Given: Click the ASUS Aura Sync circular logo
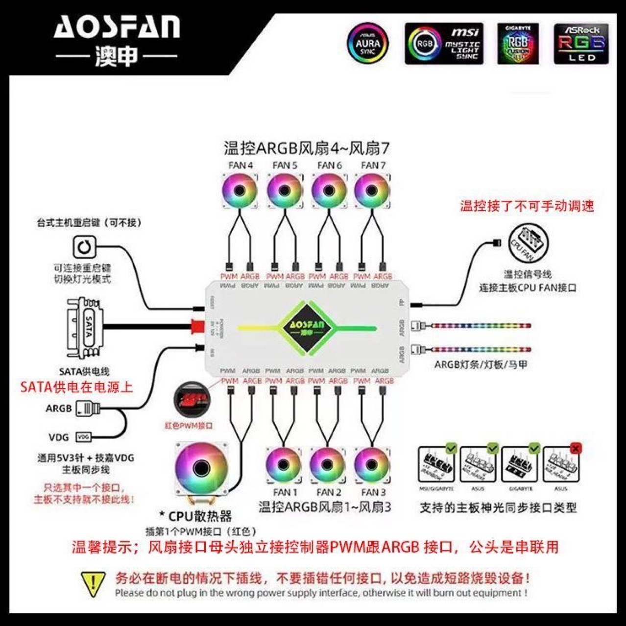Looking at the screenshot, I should (367, 43).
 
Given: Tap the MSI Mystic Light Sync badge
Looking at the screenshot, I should (444, 44).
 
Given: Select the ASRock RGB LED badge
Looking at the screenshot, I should (581, 44).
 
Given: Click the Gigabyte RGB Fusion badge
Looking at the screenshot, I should (518, 44).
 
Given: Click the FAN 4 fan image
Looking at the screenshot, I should (240, 191).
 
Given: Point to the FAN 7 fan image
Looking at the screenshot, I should (372, 191).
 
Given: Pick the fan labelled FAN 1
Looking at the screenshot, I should (284, 465).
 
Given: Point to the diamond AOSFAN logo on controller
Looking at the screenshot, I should (307, 327).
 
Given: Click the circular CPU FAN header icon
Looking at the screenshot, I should (529, 243).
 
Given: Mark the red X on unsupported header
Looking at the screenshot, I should (576, 448).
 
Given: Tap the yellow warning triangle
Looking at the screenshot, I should (93, 584).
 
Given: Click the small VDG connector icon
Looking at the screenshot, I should (83, 436).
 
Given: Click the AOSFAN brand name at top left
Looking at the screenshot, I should (117, 28).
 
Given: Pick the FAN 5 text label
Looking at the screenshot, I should (285, 165).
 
